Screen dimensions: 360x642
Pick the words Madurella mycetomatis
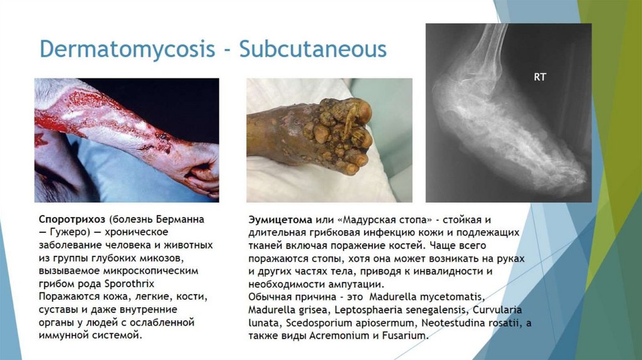click(x=427, y=297)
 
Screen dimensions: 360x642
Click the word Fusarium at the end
click(x=406, y=336)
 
